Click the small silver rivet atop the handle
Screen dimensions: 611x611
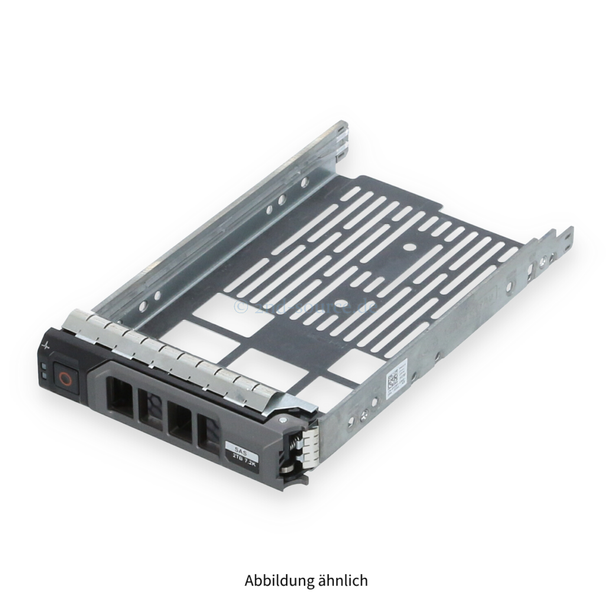[281, 419]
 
